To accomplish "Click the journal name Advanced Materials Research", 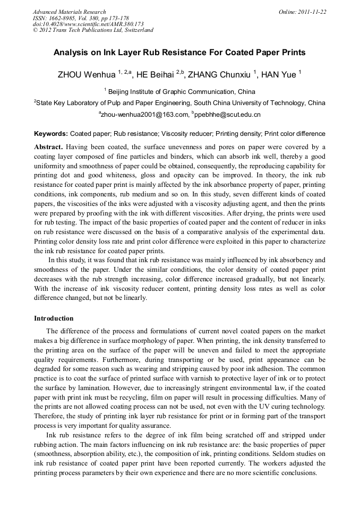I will (x=70, y=12).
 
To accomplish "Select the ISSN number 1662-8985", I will (x=64, y=18).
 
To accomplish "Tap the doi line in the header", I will (x=88, y=24).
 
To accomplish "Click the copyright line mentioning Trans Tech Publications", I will (x=93, y=30).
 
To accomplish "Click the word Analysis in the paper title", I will (x=71, y=53).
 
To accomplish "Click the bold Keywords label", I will (x=51, y=134).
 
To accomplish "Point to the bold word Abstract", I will (x=49, y=147).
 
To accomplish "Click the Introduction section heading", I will (x=54, y=318).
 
